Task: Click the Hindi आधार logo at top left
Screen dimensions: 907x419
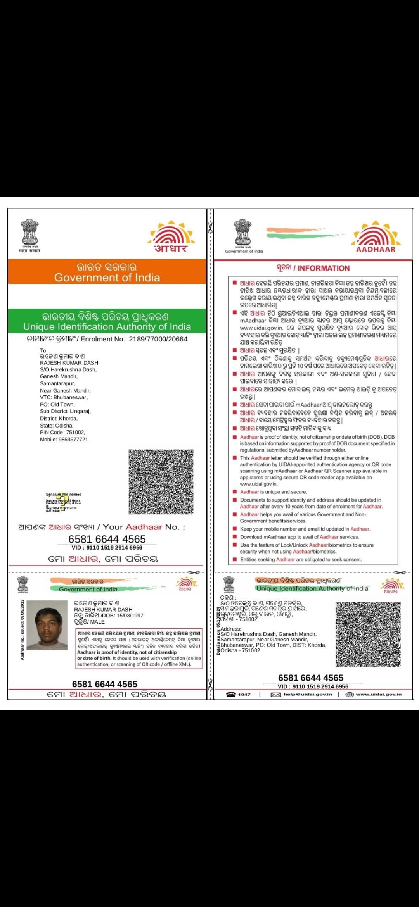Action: pyautogui.click(x=171, y=237)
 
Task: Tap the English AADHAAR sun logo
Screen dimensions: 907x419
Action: pyautogui.click(x=376, y=237)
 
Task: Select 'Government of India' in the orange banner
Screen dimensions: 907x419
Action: pyautogui.click(x=107, y=278)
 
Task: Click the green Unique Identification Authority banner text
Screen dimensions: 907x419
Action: pyautogui.click(x=107, y=326)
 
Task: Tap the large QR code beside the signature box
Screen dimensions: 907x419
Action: pyautogui.click(x=161, y=482)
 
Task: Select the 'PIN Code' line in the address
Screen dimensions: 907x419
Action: pyautogui.click(x=62, y=432)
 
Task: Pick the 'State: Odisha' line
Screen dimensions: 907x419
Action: pyautogui.click(x=57, y=425)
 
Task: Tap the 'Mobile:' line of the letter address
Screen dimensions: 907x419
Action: pyautogui.click(x=64, y=440)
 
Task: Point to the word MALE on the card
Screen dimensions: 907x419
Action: pyautogui.click(x=97, y=622)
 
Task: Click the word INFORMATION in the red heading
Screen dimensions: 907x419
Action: pyautogui.click(x=324, y=268)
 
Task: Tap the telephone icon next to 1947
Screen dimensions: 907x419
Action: pyautogui.click(x=231, y=695)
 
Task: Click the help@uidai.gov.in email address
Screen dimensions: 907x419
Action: pyautogui.click(x=308, y=694)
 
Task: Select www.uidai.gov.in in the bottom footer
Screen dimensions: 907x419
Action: pyautogui.click(x=379, y=694)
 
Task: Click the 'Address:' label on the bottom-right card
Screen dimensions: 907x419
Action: pyautogui.click(x=231, y=629)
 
